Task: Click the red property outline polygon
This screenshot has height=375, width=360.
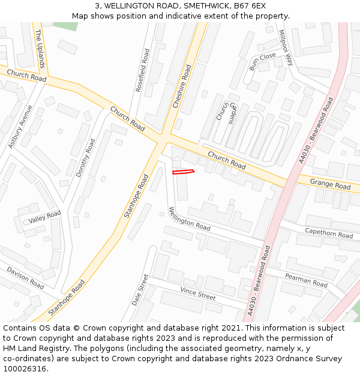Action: tap(184, 172)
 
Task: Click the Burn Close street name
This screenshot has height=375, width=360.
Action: tap(263, 59)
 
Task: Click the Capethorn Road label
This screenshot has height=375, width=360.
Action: tap(329, 233)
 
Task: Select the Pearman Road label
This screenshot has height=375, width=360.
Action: tap(306, 280)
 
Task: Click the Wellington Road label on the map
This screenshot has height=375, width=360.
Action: tap(189, 219)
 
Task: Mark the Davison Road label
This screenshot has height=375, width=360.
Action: tap(25, 278)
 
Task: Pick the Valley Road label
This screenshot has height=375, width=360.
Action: tap(44, 217)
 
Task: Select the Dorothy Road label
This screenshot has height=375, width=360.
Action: tap(85, 158)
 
